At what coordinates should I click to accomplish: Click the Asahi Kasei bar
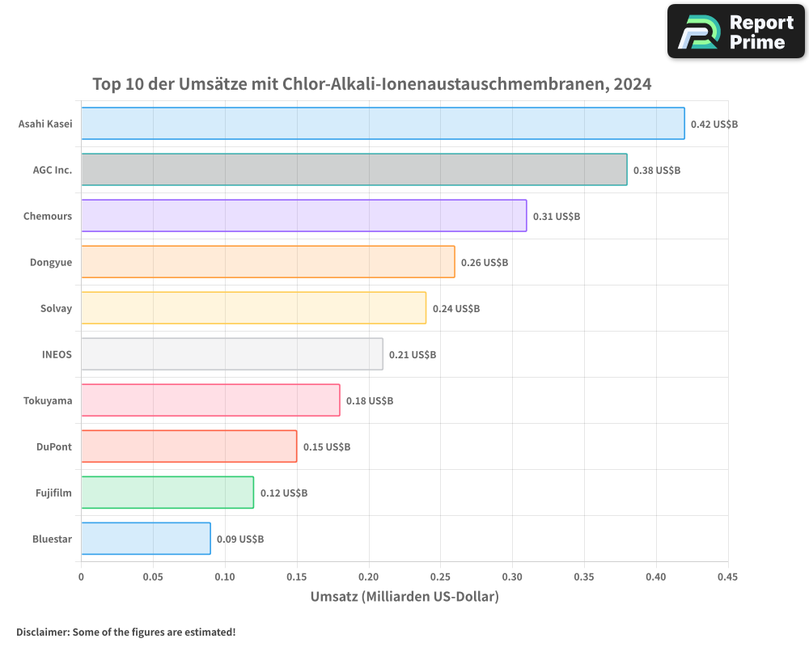tap(383, 124)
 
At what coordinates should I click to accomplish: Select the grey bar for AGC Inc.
tap(354, 170)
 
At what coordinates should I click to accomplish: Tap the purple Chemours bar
tap(303, 216)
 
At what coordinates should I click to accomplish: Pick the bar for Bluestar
tap(146, 539)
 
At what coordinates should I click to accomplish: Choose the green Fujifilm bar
tap(167, 493)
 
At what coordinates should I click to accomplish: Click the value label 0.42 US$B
tap(714, 125)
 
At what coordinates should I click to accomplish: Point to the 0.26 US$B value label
tap(484, 263)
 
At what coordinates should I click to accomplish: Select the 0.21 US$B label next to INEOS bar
tap(412, 355)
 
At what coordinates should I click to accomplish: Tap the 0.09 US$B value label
tap(239, 539)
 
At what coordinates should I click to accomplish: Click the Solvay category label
tap(56, 308)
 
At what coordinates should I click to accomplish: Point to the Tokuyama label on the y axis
tap(48, 400)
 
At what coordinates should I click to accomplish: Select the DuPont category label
tap(54, 446)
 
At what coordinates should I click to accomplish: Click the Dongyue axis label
tap(51, 262)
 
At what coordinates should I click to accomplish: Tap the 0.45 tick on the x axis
tap(727, 577)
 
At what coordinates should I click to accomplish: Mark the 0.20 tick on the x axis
tap(369, 577)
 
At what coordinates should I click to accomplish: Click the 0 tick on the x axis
tap(81, 577)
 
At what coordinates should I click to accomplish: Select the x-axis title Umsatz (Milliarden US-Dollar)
tap(404, 597)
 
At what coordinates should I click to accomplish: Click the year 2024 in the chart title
tap(632, 84)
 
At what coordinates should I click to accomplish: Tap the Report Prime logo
tap(736, 32)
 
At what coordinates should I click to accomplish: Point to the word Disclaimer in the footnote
tap(41, 632)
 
